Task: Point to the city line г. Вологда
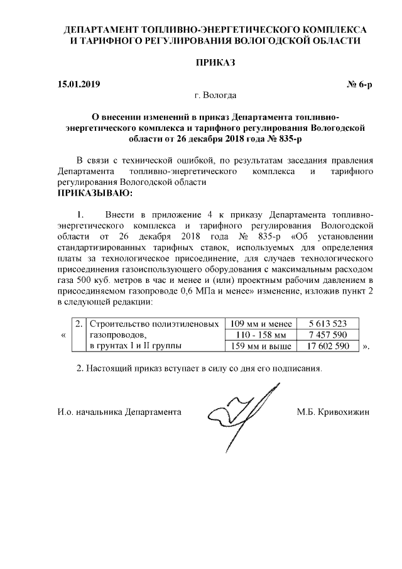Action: click(215, 96)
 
